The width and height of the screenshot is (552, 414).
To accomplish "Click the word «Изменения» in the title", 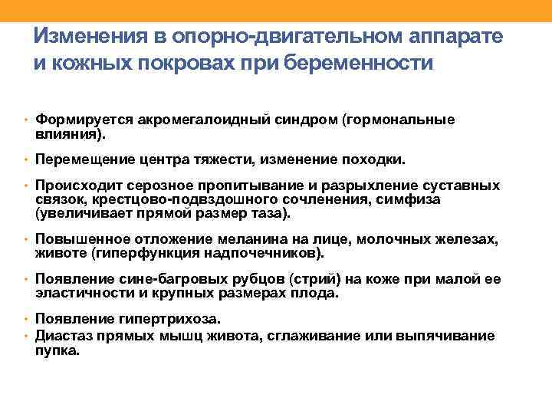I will (81, 37).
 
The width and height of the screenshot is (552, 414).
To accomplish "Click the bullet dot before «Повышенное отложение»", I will (26, 241).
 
